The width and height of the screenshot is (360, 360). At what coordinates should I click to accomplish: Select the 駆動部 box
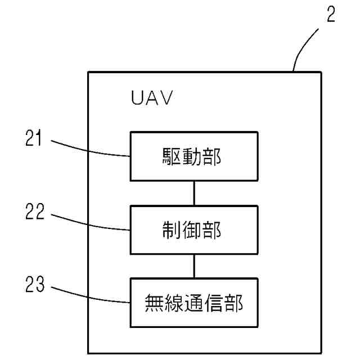[194, 156]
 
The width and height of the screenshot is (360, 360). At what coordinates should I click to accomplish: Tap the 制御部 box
[194, 229]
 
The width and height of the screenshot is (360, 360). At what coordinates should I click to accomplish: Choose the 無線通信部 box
[194, 303]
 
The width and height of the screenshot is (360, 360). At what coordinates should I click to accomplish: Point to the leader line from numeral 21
[90, 149]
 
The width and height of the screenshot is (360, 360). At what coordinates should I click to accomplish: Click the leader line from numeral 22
[90, 224]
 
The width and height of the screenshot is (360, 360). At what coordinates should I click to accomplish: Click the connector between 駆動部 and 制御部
[194, 193]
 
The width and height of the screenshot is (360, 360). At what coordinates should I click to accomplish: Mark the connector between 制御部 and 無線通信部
[194, 266]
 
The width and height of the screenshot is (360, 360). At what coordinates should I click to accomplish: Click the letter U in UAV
[137, 100]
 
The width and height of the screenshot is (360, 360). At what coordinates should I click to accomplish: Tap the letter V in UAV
[166, 100]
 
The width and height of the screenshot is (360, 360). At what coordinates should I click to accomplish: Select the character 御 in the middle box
[194, 230]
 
